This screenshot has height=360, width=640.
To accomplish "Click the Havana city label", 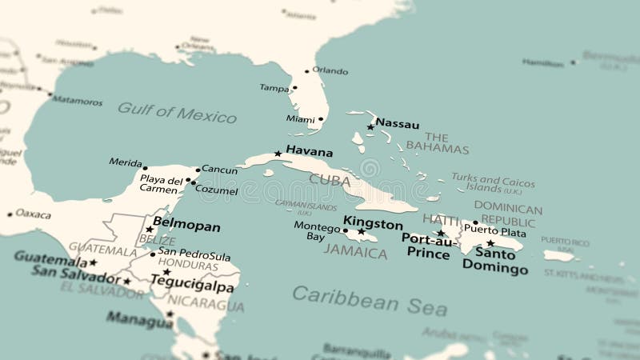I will (x=309, y=150).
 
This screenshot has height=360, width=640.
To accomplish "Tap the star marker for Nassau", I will (x=370, y=127).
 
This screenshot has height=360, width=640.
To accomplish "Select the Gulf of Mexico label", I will (x=177, y=112).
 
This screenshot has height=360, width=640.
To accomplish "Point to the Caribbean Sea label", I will (x=358, y=298).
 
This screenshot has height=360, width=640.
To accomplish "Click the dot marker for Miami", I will (x=321, y=119).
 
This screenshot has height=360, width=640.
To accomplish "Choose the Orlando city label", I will (x=330, y=70).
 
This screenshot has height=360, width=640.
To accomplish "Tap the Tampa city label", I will (x=273, y=88).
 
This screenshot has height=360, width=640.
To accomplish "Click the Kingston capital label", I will (x=373, y=222).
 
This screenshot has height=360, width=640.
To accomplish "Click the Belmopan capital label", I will (x=186, y=226).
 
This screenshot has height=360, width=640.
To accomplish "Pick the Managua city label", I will (x=139, y=321).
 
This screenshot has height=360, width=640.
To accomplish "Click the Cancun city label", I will (x=219, y=170).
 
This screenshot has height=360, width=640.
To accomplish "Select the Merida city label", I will (x=126, y=162).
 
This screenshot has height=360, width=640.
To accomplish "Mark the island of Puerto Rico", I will (x=559, y=256).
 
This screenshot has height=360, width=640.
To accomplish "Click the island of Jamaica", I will (x=358, y=236).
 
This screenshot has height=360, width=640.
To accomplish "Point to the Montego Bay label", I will (x=311, y=231).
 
